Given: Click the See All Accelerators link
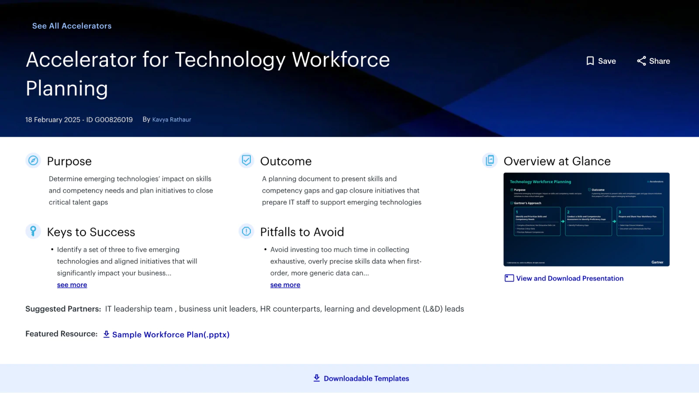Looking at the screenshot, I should (x=72, y=26).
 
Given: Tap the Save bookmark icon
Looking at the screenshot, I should (x=590, y=61).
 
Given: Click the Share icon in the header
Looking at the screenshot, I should (x=641, y=61).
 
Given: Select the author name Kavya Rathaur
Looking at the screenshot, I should (x=172, y=120).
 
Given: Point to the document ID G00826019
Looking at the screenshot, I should (x=114, y=120).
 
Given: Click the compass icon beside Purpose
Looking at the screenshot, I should (x=33, y=161).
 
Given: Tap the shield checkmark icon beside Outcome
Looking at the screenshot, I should (x=246, y=161).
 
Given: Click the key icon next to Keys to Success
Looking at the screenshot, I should (x=33, y=231).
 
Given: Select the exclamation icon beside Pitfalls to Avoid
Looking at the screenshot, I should (x=246, y=231).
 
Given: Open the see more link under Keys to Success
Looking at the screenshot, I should (x=72, y=285).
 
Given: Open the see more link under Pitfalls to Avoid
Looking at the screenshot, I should (x=285, y=285).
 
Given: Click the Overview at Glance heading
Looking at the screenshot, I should (x=557, y=161).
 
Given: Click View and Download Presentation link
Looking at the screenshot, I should (x=570, y=279).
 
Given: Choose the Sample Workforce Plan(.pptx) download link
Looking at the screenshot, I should (x=170, y=334).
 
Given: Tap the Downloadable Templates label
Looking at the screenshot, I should (x=366, y=379).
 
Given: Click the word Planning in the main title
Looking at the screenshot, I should (x=67, y=89).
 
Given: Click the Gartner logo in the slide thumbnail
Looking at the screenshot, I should (x=657, y=262).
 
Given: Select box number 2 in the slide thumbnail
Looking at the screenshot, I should (x=588, y=221).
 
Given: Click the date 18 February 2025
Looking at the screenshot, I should (x=53, y=120).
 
